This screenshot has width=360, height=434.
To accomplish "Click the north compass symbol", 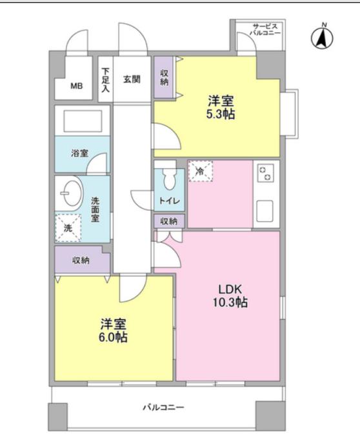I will click(323, 37).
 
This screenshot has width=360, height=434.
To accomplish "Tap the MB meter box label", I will click(77, 85).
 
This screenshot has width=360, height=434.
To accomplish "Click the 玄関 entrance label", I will click(132, 79).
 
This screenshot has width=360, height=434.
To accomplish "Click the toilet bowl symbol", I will click(170, 177).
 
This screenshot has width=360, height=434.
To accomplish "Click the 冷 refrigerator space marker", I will click(199, 172).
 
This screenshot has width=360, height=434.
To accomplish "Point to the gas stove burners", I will click(266, 173).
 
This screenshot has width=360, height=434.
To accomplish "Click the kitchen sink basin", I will click(265, 209).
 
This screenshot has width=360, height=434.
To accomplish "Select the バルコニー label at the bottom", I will click(164, 408).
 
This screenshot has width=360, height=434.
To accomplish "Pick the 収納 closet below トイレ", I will click(169, 221).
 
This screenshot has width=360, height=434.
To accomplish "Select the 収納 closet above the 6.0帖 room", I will click(81, 260).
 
